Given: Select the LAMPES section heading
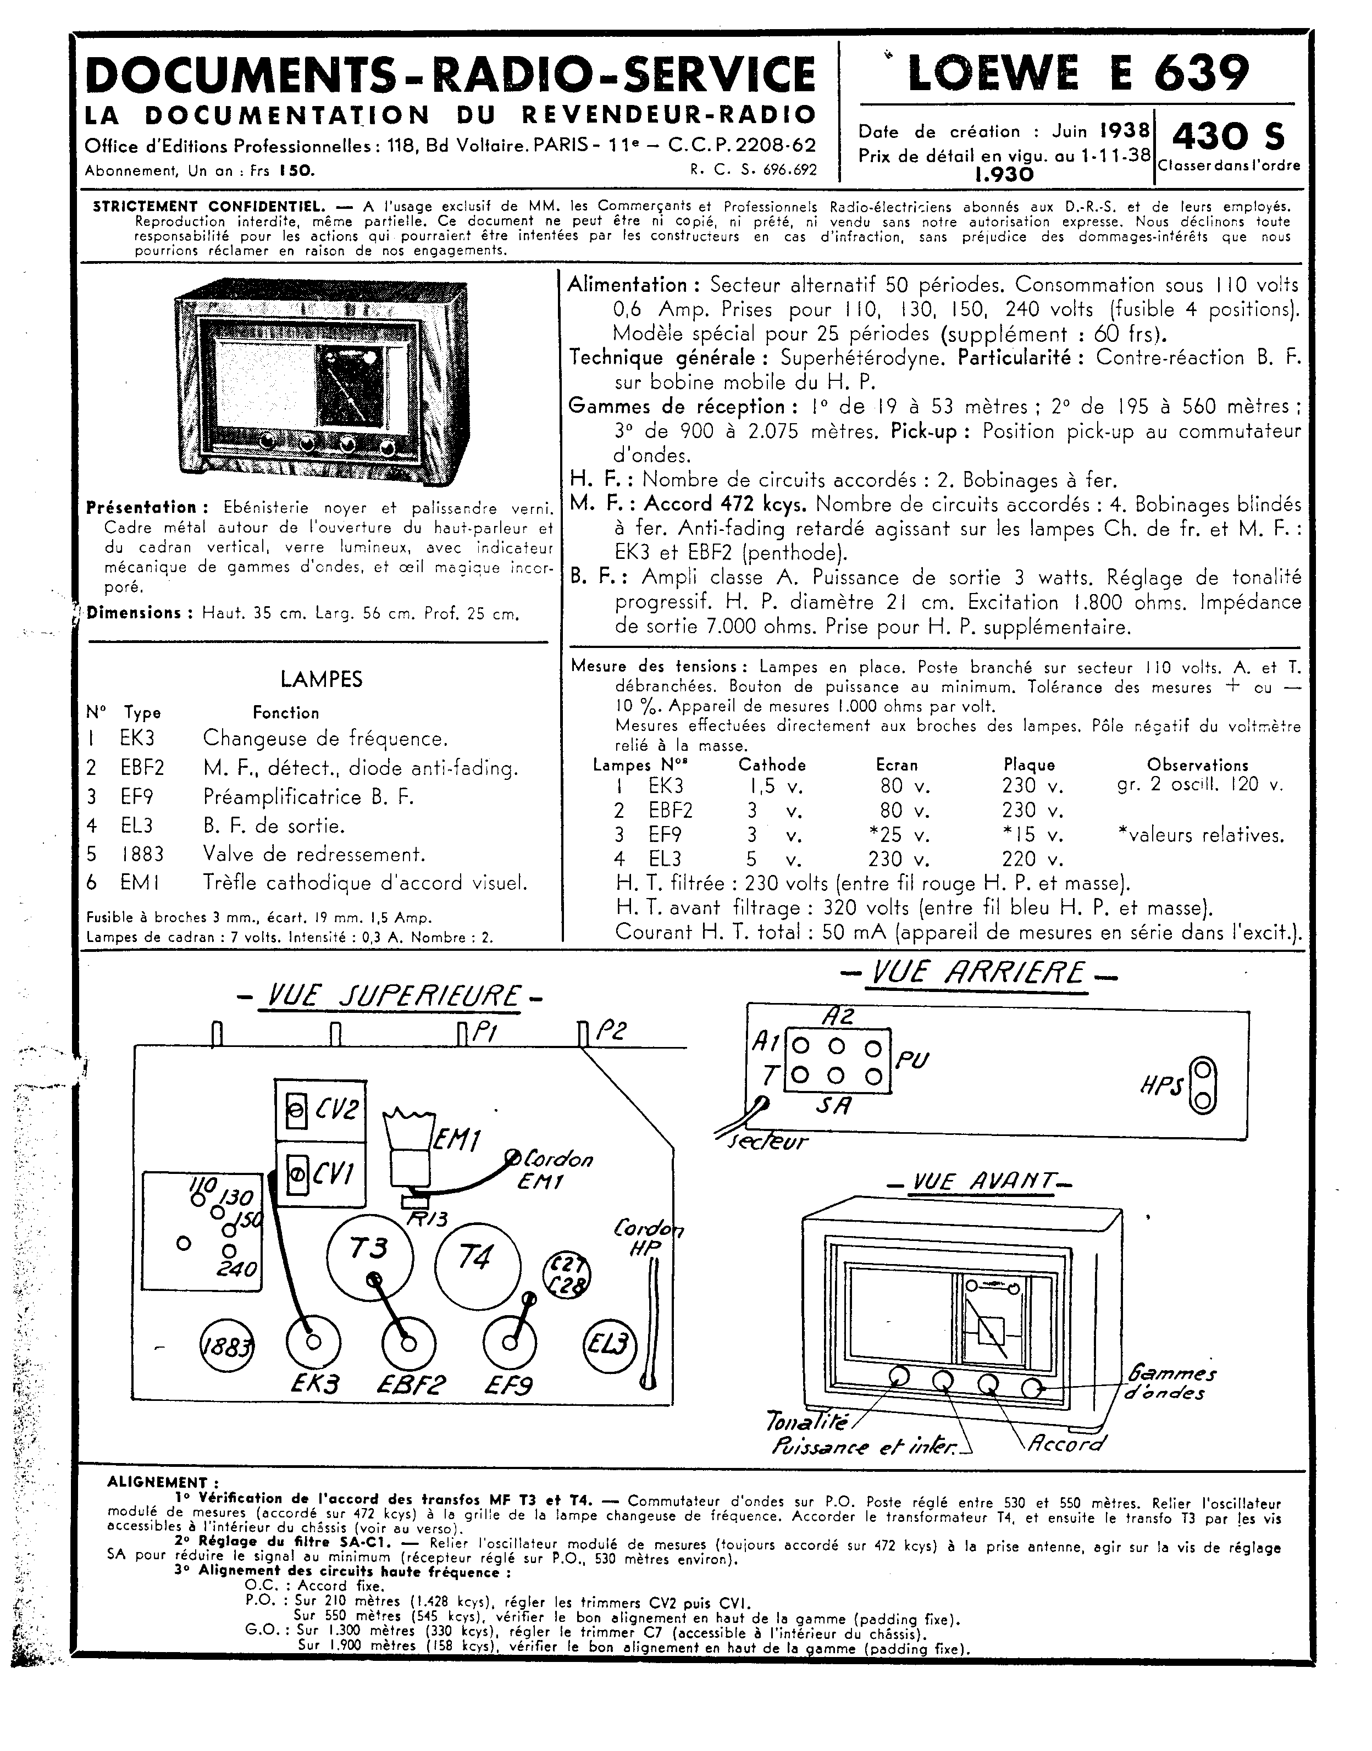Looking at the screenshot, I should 322,679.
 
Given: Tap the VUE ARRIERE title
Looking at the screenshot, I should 978,973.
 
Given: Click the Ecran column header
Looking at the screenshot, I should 897,766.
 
